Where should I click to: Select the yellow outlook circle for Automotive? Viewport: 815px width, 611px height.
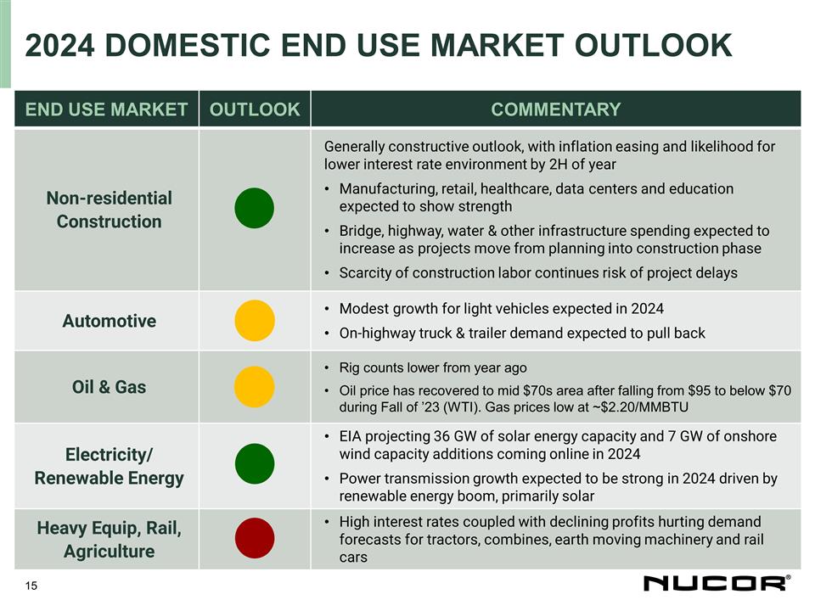point(254,321)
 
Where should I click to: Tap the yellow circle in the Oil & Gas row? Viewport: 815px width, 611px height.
point(254,387)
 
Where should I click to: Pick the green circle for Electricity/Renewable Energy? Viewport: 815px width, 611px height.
point(254,465)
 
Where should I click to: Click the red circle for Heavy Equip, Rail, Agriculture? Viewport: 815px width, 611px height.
point(254,539)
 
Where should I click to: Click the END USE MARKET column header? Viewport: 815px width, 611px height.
point(106,109)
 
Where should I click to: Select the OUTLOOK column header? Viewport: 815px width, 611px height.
point(255,109)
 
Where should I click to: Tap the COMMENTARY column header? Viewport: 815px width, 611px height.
point(556,109)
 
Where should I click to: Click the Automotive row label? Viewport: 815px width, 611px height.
point(109,321)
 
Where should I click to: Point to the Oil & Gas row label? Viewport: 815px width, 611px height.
point(109,387)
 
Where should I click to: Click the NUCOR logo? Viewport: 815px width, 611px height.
point(716,583)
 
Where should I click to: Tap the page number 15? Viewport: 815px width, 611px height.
point(31,586)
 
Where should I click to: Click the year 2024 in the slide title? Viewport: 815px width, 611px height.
point(64,46)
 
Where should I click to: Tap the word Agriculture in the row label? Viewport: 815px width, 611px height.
point(109,552)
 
